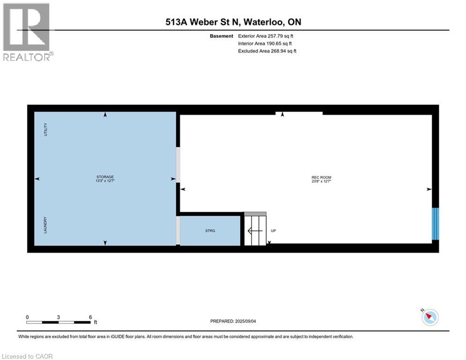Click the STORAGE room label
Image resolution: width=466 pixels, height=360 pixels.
105,177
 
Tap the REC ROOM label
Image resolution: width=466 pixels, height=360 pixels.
321,177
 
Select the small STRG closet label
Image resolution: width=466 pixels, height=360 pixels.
210,231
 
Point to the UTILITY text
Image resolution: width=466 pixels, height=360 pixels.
45,130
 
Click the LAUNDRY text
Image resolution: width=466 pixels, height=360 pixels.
45,225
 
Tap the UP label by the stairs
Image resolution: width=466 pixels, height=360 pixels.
274,231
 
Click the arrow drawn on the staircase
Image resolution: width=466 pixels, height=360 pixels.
255,231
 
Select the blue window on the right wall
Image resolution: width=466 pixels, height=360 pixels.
436,224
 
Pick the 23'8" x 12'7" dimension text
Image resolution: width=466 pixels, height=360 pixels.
321,181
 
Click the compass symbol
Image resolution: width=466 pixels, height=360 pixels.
429,317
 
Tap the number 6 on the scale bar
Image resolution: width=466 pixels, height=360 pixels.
90,317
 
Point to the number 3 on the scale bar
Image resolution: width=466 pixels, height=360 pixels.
58,317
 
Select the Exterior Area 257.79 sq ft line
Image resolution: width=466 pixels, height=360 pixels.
266,36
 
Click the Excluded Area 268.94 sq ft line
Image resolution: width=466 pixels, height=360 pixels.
267,51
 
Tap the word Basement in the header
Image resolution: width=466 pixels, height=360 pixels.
221,36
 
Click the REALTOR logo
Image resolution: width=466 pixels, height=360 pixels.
27,32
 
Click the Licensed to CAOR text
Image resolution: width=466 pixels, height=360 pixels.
28,356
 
